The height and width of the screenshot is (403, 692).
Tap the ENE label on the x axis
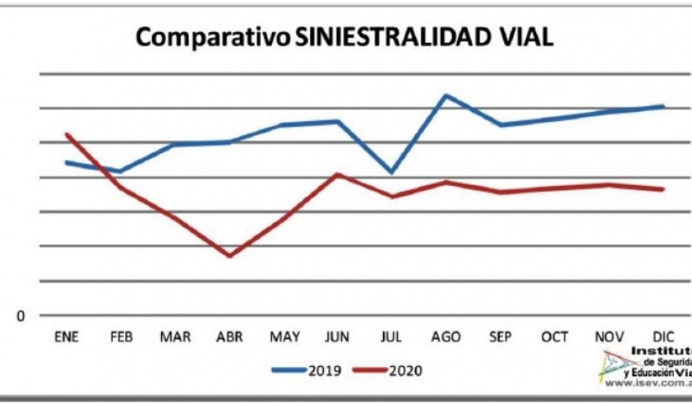click(67, 337)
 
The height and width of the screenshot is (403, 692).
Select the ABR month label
click(230, 337)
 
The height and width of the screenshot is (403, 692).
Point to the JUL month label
click(392, 337)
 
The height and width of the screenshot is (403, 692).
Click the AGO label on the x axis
click(446, 337)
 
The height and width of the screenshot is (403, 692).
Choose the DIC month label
click(663, 337)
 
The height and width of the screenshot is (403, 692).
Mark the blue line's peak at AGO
click(446, 95)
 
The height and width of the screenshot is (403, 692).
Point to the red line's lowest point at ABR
click(230, 256)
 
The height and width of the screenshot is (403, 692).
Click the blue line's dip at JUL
click(392, 172)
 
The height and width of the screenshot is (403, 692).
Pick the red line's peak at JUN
click(337, 174)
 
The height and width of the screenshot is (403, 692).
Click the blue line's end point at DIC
click(664, 105)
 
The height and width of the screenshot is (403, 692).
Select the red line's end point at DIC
click(664, 190)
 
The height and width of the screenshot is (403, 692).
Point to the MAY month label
click(284, 337)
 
